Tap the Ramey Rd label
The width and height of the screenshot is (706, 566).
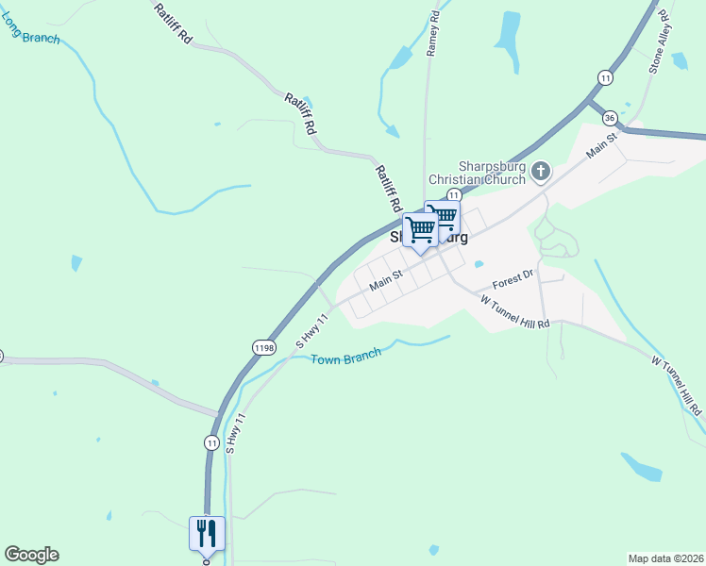433,35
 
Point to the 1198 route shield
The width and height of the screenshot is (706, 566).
264,348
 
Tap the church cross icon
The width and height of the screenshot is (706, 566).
541,171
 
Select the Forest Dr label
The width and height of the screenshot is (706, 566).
513,279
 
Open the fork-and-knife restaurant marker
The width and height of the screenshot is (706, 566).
207,533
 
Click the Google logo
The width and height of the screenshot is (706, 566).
31,555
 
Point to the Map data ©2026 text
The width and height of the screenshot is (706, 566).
665,558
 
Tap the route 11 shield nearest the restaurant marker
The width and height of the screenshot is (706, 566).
211,441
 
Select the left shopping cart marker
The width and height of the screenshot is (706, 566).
420,229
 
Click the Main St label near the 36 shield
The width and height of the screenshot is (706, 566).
600,145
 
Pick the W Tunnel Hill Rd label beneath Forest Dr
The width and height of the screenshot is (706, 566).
515,312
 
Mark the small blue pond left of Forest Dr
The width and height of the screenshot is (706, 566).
479,263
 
